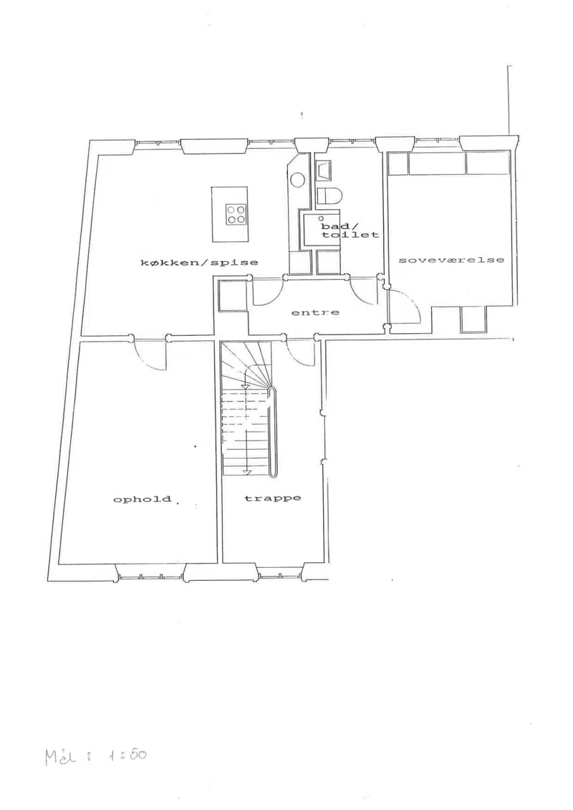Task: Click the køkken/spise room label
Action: pos(199,262)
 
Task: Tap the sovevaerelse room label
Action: pos(451,260)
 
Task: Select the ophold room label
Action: pos(142,499)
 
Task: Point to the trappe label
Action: pos(272,498)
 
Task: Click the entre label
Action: pos(315,312)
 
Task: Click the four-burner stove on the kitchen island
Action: pos(236,214)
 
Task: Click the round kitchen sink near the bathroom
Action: pos(297,180)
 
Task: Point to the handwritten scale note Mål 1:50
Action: pos(95,756)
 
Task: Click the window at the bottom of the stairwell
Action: pos(279,572)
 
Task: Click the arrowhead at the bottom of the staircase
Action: pos(247,472)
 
